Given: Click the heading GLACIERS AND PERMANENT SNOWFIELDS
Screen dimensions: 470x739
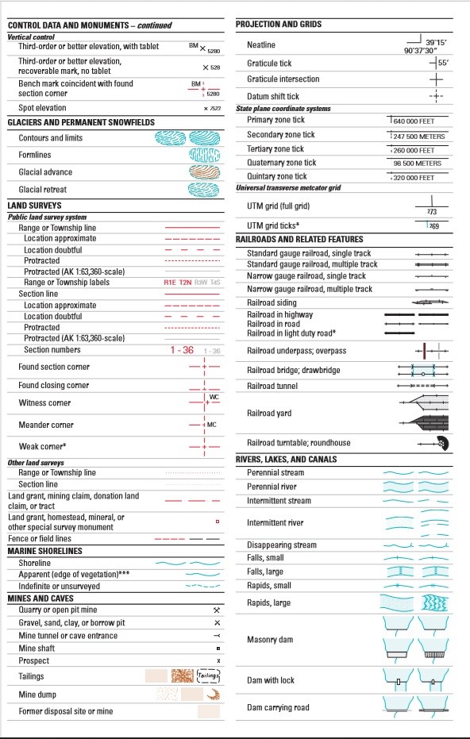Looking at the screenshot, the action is (x=81, y=122).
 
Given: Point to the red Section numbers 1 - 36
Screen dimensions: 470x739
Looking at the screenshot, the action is (x=181, y=350).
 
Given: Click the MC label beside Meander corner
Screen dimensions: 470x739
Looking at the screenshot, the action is (x=212, y=425).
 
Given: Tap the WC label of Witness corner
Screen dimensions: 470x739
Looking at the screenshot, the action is (x=214, y=396).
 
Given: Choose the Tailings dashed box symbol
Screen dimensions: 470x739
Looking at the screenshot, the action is (x=207, y=675).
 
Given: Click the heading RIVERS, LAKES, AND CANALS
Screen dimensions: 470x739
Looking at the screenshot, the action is (x=286, y=459).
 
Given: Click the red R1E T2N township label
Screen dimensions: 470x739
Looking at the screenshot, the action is (x=178, y=282).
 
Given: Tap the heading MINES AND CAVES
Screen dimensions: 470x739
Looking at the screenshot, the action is (x=40, y=598).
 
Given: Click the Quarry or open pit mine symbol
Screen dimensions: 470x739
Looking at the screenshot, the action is (x=218, y=610).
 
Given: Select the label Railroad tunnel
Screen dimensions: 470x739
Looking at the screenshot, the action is (x=272, y=386).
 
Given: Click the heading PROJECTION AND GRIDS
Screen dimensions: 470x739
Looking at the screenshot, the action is (x=279, y=25).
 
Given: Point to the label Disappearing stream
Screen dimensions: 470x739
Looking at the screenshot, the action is (x=282, y=545).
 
